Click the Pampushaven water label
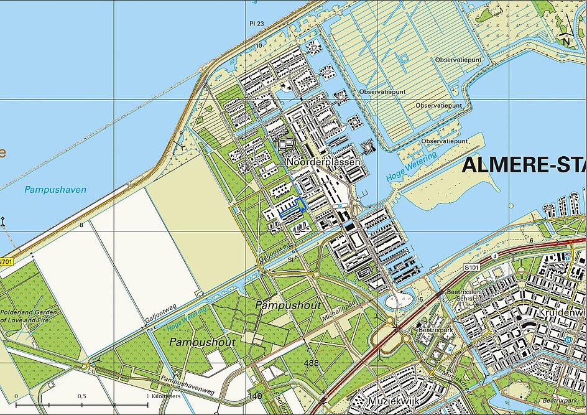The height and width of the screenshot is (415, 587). pyautogui.click(x=55, y=189)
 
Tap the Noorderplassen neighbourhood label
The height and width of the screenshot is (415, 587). pyautogui.click(x=323, y=162)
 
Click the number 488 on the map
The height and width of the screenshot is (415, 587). pyautogui.click(x=312, y=363)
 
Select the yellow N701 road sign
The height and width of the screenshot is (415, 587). pyautogui.click(x=6, y=262)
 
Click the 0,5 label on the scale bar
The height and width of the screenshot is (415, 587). pyautogui.click(x=81, y=396)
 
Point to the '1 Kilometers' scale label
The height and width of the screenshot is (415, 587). pyautogui.click(x=163, y=396)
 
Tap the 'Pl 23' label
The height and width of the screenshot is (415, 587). pyautogui.click(x=257, y=24)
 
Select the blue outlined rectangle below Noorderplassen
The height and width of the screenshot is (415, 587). pyautogui.click(x=293, y=206)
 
